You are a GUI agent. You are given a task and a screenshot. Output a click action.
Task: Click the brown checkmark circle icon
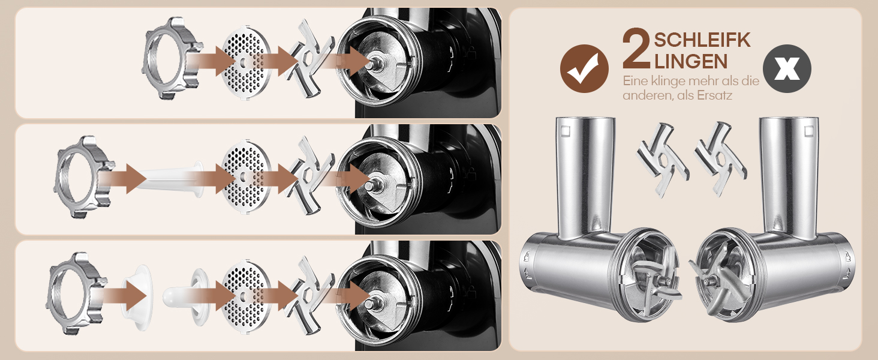pyautogui.click(x=584, y=68)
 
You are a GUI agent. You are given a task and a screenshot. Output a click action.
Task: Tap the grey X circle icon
pyautogui.click(x=787, y=68)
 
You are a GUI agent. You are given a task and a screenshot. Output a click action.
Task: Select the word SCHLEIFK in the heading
pyautogui.click(x=702, y=40)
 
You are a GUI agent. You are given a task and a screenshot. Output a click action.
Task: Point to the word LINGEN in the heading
pyautogui.click(x=691, y=61)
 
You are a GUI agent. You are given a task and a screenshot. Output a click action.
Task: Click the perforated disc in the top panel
pyautogui.click(x=246, y=63)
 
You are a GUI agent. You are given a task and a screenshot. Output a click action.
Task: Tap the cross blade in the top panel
pyautogui.click(x=309, y=59)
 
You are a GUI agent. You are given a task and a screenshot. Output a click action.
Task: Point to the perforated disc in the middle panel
pyautogui.click(x=246, y=176)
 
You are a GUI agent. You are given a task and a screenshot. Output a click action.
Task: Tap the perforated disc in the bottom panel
pyautogui.click(x=246, y=296)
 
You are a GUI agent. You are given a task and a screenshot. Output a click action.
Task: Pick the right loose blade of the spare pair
pyautogui.click(x=720, y=159)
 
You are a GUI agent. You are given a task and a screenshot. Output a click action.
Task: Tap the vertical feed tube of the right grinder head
pyautogui.click(x=789, y=176)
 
